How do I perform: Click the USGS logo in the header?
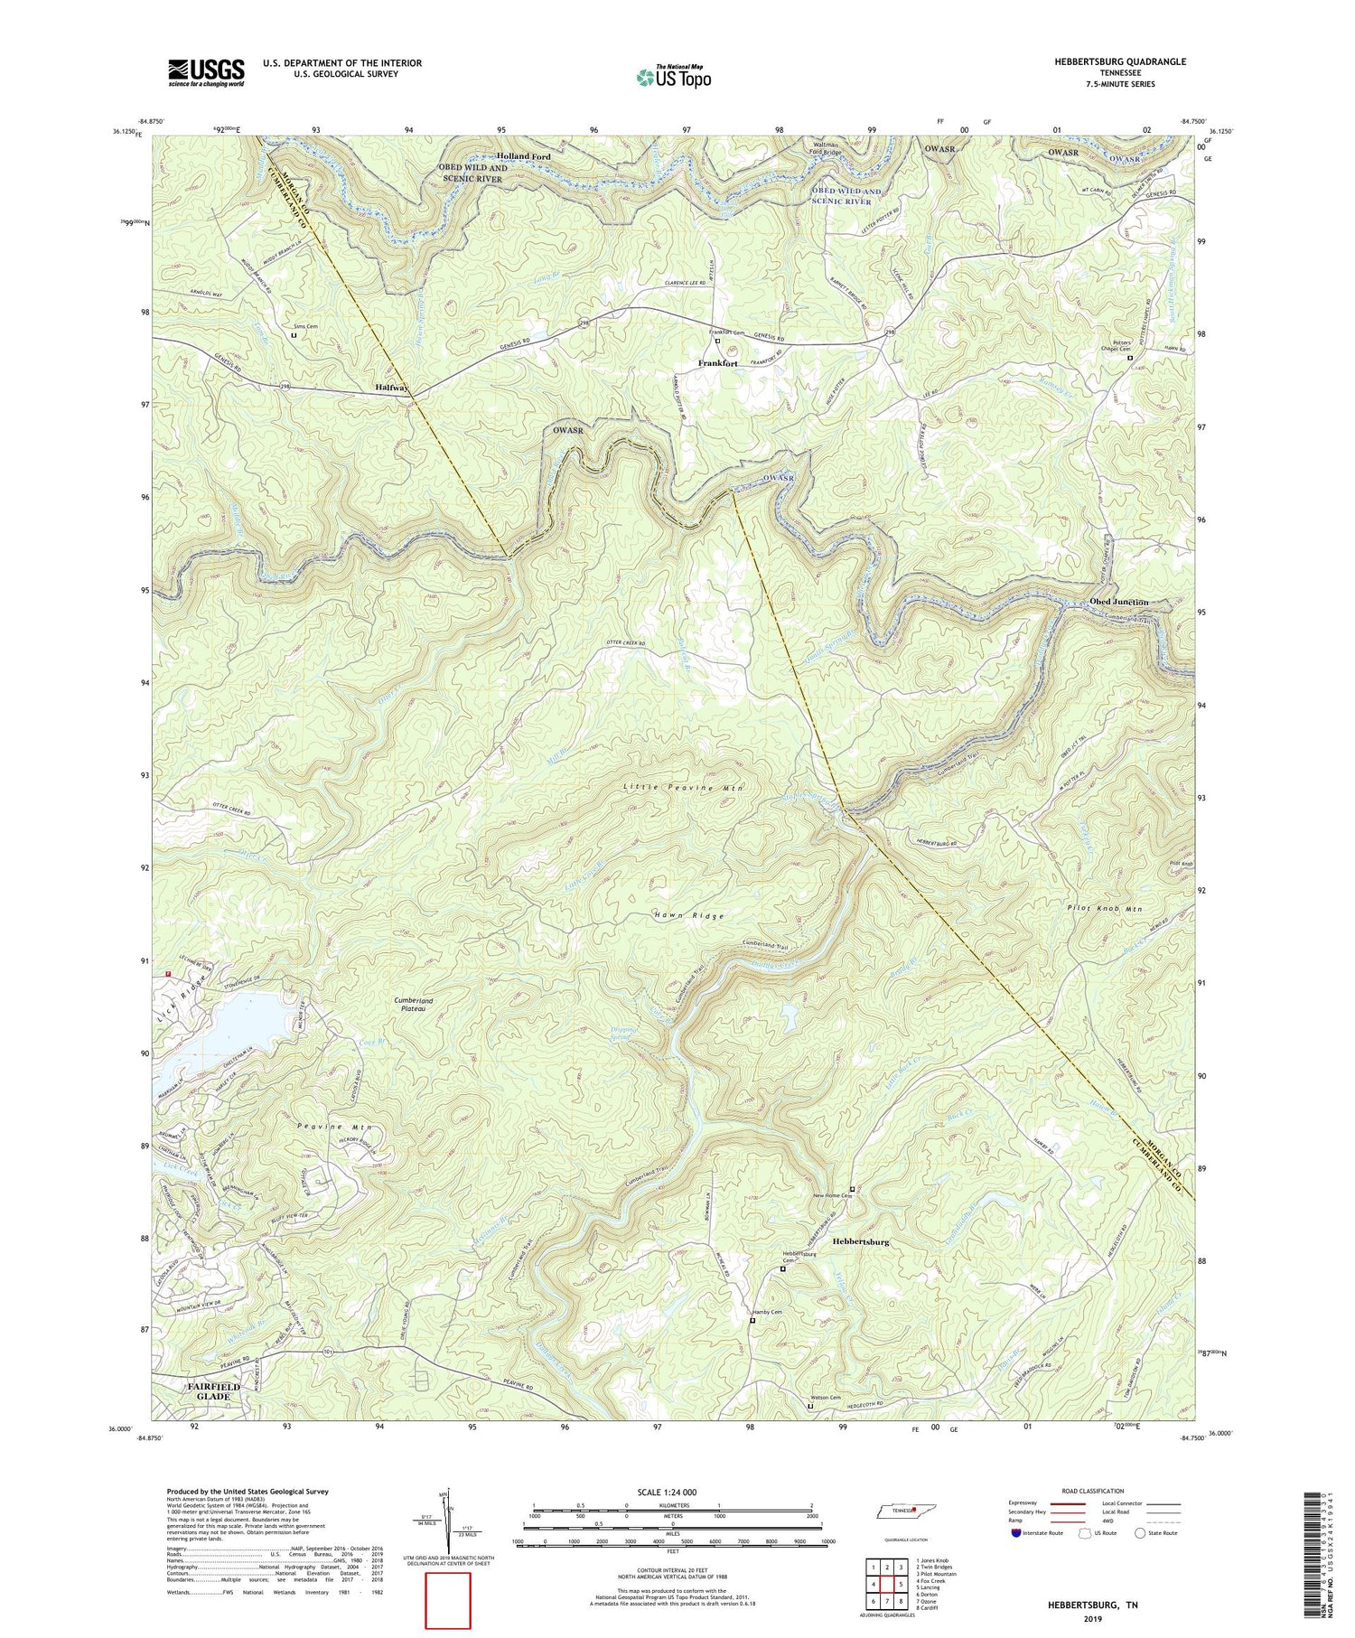pyautogui.click(x=206, y=72)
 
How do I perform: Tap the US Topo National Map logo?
pyautogui.click(x=673, y=78)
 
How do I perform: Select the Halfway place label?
pyautogui.click(x=392, y=388)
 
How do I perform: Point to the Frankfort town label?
pyautogui.click(x=717, y=363)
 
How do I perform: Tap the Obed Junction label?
pyautogui.click(x=1118, y=602)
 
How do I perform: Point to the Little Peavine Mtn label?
pyautogui.click(x=683, y=788)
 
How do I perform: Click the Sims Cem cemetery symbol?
pyautogui.click(x=294, y=335)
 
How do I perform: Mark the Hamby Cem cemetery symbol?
pyautogui.click(x=752, y=1320)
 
